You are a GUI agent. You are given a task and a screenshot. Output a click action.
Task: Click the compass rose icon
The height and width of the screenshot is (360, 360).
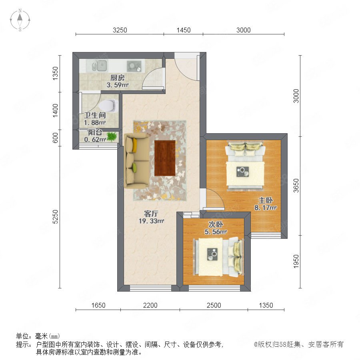coord(20,20)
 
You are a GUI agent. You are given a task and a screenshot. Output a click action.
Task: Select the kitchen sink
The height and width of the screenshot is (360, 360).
coord(100,66)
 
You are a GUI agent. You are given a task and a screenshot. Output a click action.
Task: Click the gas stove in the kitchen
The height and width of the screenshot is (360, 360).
coord(134,66)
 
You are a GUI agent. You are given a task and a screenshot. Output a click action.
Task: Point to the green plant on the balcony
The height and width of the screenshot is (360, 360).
coord(112,137)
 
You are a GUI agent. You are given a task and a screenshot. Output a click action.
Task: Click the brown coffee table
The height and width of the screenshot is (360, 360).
coord(165,158)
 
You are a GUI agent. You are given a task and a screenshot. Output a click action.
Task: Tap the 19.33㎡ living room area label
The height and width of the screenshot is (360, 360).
coord(151,221)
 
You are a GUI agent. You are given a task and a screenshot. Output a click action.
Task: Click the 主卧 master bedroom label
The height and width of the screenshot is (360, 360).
coord(266,200)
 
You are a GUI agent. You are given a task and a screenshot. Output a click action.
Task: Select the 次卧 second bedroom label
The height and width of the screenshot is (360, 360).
coord(216,224)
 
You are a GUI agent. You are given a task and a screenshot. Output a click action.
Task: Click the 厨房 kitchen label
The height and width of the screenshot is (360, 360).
coord(117,78)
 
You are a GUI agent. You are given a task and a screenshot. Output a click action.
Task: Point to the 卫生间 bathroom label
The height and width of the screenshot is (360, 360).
coord(95,115)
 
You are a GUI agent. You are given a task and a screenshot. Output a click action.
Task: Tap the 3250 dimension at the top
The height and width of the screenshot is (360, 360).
coord(120,30)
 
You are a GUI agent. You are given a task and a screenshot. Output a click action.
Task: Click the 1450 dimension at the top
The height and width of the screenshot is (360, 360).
coord(184,30)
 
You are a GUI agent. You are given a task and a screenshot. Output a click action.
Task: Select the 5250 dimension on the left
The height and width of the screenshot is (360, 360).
coord(55,217)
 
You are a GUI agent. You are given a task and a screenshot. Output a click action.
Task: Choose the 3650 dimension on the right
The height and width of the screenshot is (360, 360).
coord(296,186)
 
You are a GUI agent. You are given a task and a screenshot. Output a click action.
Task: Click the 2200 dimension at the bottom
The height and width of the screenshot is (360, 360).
coord(150,305)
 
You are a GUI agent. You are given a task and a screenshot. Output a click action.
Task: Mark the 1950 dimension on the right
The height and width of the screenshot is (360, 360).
coord(296,261)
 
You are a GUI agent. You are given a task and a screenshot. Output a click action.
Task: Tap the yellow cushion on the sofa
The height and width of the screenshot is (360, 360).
coord(134,145)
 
